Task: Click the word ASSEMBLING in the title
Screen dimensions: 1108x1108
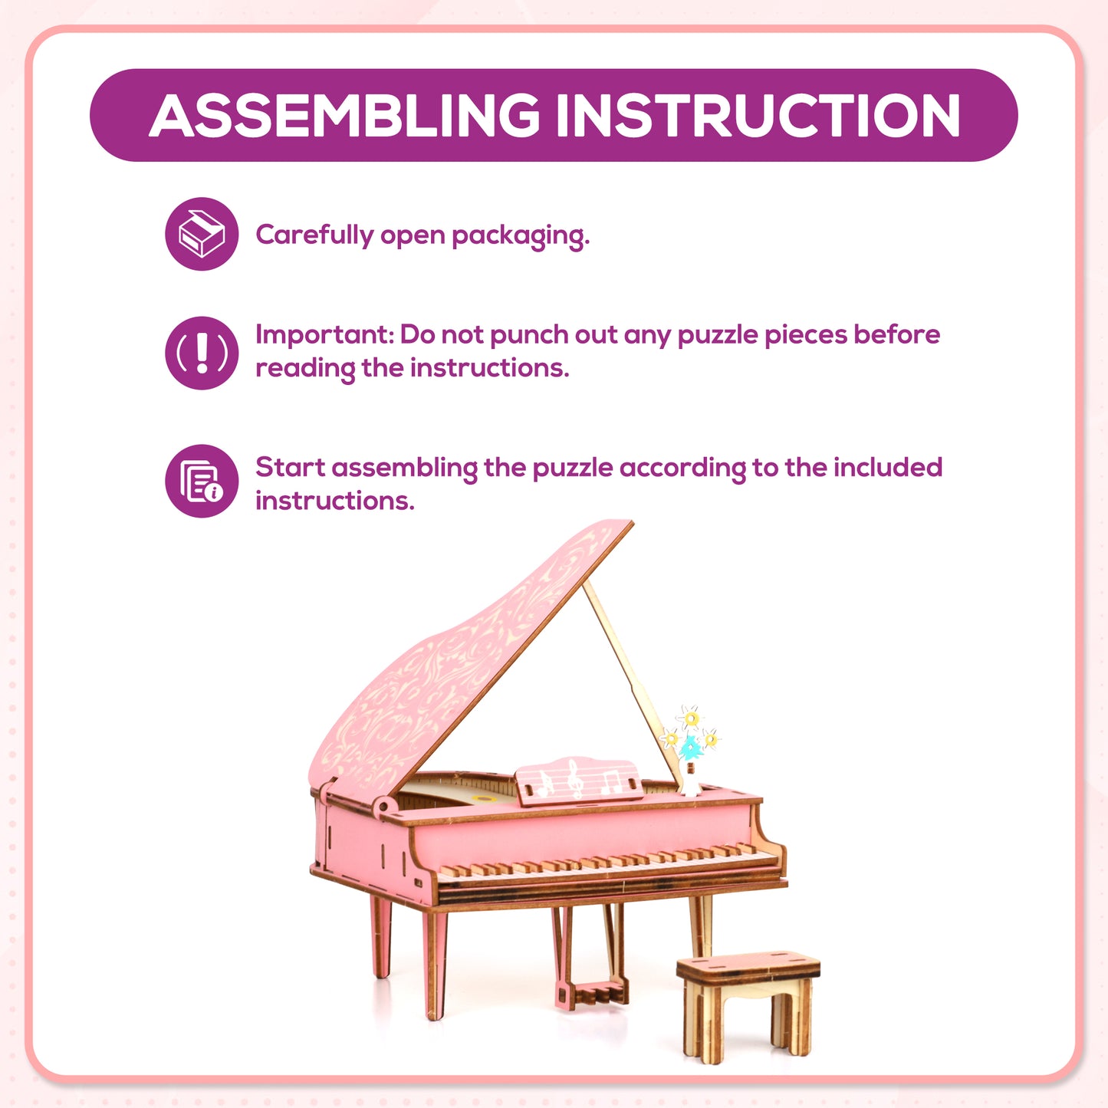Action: [344, 116]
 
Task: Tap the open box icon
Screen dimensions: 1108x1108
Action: [202, 234]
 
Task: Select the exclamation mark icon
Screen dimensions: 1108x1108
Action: [202, 353]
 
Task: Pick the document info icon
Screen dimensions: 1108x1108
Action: [202, 481]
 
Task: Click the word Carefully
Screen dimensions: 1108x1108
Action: [314, 235]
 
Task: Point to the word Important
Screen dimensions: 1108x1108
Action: [324, 334]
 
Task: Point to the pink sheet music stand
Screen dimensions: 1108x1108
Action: [579, 781]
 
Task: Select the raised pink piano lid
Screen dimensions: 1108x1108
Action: [460, 659]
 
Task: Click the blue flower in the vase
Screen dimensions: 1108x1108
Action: [691, 746]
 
